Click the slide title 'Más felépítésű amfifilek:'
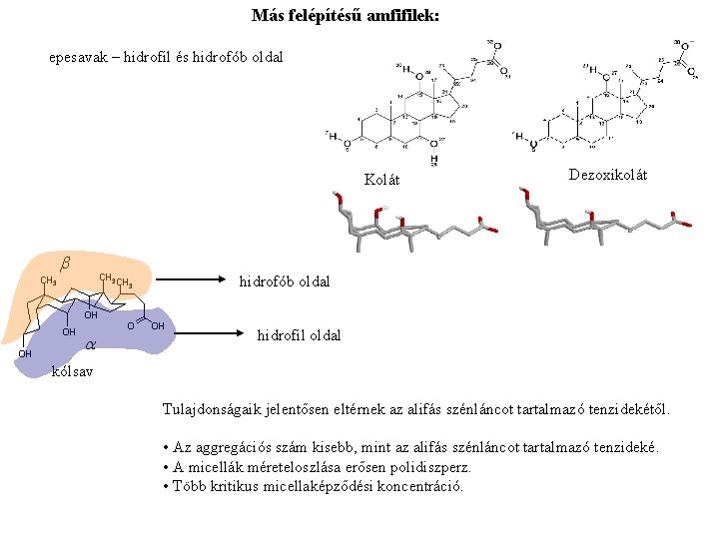pos(345,17)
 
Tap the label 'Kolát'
pos(381,180)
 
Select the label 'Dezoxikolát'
pos(607,175)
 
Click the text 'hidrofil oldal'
pos(299,335)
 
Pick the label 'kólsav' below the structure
pos(72,371)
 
